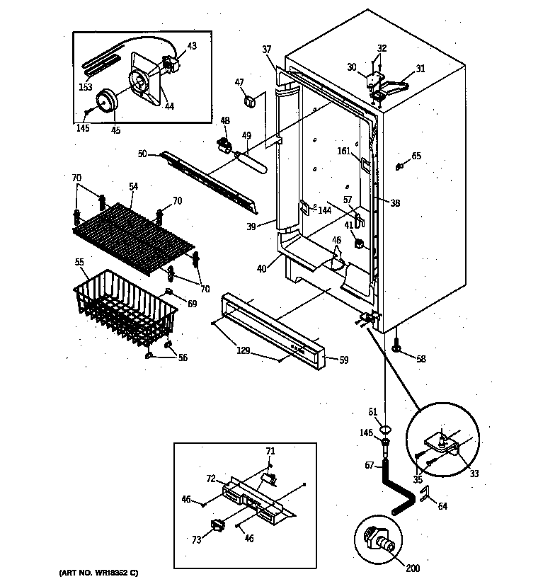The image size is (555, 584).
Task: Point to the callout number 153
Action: point(86,88)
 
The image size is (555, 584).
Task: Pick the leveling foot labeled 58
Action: point(396,348)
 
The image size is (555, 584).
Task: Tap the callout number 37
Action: point(267,49)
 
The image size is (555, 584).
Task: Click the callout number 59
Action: point(343,360)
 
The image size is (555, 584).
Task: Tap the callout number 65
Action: point(416,156)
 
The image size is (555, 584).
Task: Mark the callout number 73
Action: point(196,540)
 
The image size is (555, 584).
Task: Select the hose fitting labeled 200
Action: point(378,542)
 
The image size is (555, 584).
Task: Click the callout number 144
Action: point(326,210)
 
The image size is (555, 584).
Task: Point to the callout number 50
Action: point(142,154)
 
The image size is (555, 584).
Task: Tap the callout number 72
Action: point(211,479)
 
